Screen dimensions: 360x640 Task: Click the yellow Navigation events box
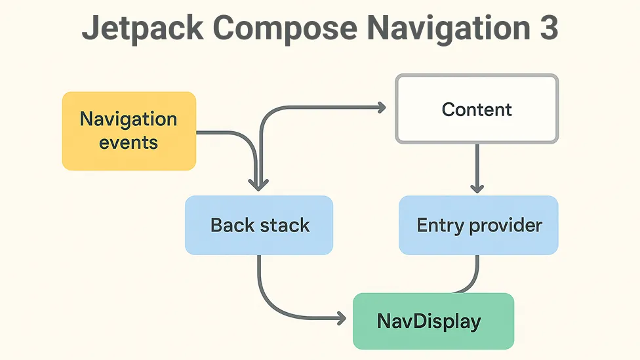129,131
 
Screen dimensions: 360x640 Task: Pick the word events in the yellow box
129,142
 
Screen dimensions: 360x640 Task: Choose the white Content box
477,109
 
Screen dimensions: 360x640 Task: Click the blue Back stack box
259,226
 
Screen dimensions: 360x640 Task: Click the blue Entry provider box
479,226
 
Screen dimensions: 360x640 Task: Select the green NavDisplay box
433,321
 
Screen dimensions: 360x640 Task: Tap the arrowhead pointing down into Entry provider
477,188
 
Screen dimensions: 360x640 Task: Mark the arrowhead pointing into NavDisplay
341,319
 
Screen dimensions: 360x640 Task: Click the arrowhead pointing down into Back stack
259,186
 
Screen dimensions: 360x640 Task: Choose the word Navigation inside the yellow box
129,120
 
